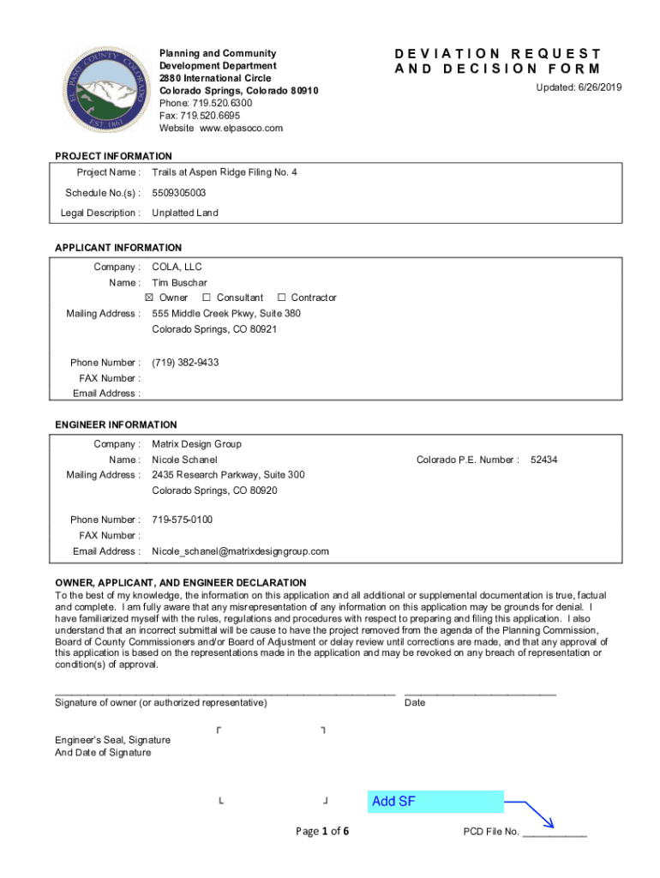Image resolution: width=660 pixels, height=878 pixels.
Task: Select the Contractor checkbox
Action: point(282,298)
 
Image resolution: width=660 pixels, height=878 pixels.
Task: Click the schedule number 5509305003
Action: point(178,193)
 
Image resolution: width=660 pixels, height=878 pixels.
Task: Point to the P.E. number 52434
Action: point(544,460)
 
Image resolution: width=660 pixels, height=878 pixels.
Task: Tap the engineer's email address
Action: point(240,551)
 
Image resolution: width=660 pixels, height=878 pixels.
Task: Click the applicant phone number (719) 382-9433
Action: point(185,363)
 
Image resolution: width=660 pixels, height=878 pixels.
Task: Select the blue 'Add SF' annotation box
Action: point(435,802)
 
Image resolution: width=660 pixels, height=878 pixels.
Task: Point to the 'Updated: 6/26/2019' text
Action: point(579,88)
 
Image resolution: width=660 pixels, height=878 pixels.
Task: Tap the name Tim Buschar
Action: point(179,283)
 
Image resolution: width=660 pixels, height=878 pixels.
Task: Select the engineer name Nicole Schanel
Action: point(184,460)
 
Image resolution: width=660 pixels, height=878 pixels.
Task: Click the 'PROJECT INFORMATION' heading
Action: point(114,156)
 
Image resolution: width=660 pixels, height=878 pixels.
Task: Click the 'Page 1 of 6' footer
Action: point(322,832)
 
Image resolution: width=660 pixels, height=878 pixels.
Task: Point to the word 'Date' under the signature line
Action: point(415,703)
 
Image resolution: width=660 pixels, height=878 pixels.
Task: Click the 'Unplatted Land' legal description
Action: point(185,213)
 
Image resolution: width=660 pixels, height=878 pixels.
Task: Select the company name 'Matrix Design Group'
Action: point(197,444)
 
